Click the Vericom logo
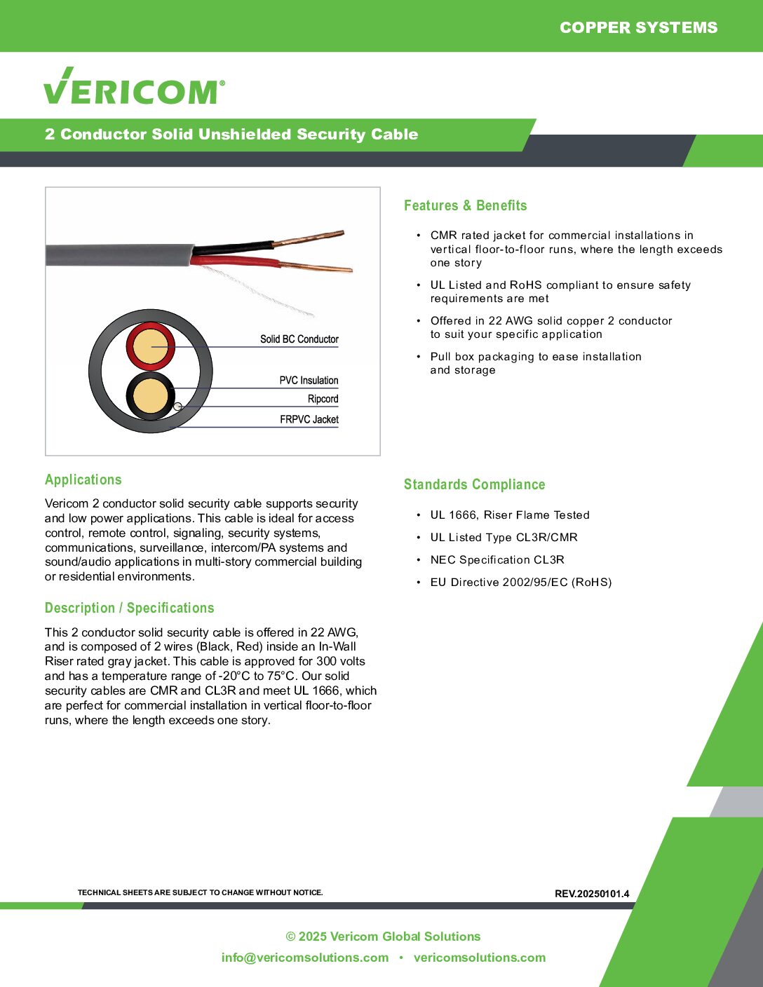pos(134,87)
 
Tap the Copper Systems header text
pos(638,27)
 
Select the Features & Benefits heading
pos(465,205)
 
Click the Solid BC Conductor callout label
pos(299,339)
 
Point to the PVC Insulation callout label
pos(309,381)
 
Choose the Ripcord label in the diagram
pos(323,399)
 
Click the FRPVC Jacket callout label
pos(309,419)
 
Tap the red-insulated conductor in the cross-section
pos(150,346)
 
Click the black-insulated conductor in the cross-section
pos(150,396)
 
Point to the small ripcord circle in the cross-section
pos(177,407)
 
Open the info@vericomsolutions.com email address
pos(304,958)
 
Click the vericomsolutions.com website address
pos(479,958)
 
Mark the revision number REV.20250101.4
pos(592,894)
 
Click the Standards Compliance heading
pos(474,484)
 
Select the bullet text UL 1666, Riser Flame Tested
pos(510,515)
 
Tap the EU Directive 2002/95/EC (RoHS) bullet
pos(520,583)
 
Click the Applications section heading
pos(83,479)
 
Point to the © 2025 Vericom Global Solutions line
pos(383,937)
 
